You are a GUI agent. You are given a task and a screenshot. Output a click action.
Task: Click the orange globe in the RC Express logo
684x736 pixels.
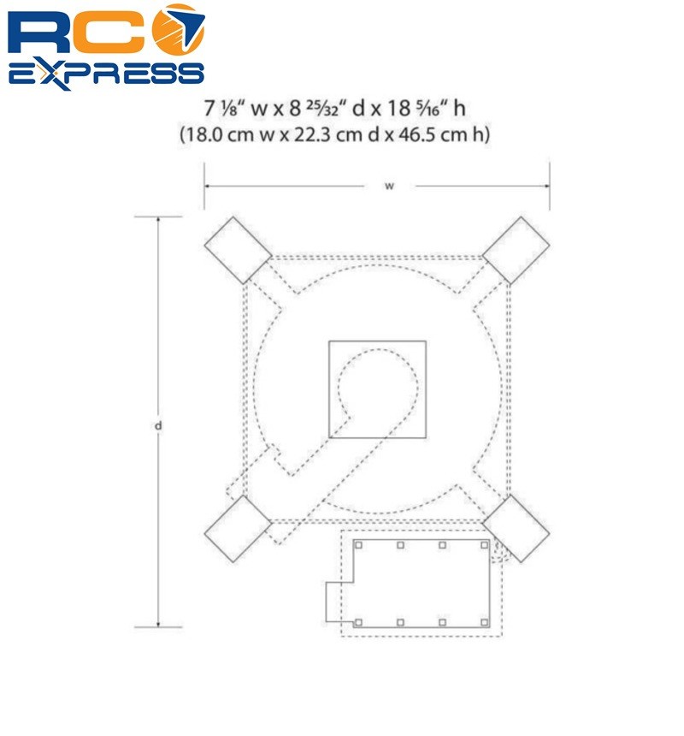point(180,28)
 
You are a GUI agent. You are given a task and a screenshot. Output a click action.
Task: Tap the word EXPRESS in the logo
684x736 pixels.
point(106,74)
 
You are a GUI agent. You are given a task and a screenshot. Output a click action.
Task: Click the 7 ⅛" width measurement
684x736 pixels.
point(225,109)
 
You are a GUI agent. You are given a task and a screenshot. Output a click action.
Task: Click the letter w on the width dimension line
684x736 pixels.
point(389,187)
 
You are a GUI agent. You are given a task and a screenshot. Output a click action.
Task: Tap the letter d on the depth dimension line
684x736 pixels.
point(158,425)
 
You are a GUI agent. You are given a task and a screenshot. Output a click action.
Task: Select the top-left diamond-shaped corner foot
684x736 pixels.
point(239,250)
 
